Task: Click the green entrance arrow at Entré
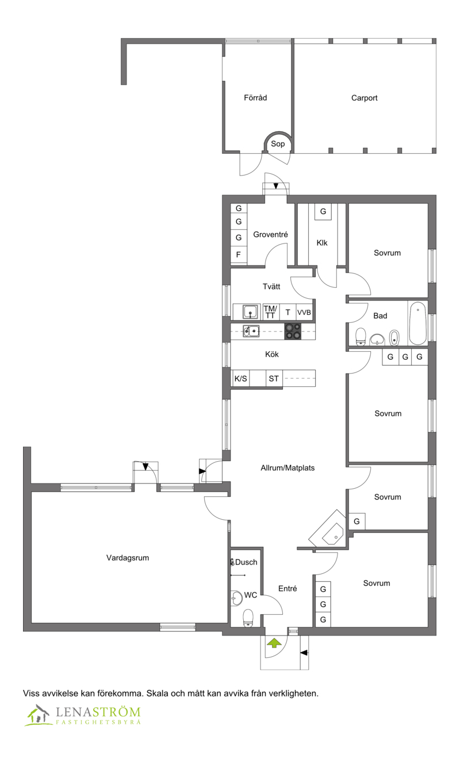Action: click(x=274, y=643)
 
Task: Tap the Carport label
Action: click(x=364, y=98)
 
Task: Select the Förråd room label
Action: click(x=255, y=98)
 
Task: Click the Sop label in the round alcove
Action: click(x=278, y=144)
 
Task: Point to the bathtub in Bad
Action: click(x=417, y=323)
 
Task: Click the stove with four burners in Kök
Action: click(x=293, y=330)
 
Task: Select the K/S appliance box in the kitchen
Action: click(x=240, y=378)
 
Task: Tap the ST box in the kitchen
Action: click(x=274, y=378)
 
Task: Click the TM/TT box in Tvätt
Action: click(x=270, y=312)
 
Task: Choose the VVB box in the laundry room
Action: click(x=304, y=313)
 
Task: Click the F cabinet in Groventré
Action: click(x=239, y=254)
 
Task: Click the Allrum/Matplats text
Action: click(x=287, y=467)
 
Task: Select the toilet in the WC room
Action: click(x=248, y=616)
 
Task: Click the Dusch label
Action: click(x=246, y=562)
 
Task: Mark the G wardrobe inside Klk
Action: click(x=323, y=211)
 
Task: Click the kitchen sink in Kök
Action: click(x=250, y=330)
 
